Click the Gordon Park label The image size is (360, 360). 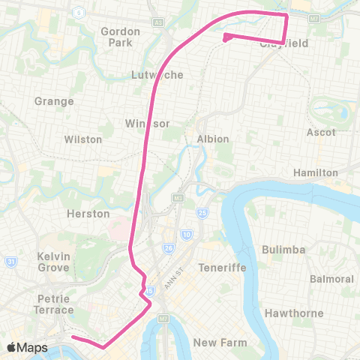(x=120, y=37)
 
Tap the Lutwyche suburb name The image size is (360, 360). (x=152, y=75)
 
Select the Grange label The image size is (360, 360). (x=54, y=101)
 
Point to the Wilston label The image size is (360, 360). (x=82, y=139)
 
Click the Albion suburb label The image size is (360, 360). (x=212, y=139)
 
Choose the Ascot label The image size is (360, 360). (x=321, y=132)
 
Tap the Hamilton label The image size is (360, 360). (x=315, y=172)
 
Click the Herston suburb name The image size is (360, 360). (x=88, y=214)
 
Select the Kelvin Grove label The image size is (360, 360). (x=53, y=262)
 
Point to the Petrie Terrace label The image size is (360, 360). (x=54, y=304)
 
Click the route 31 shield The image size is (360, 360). (x=10, y=262)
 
